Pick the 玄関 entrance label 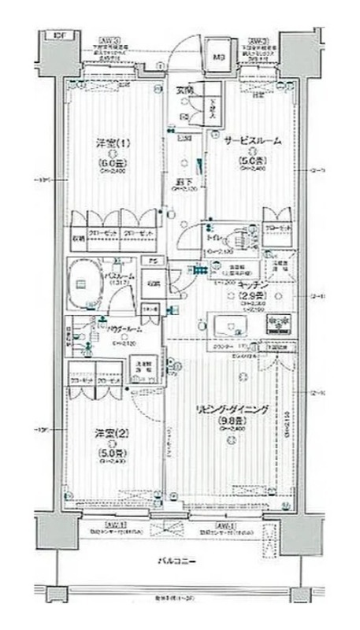(x=184, y=91)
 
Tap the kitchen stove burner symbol (x=278, y=324)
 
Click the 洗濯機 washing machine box (x=144, y=366)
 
